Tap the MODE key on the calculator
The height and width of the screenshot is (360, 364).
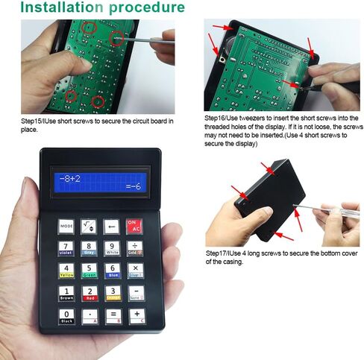coord(67,225)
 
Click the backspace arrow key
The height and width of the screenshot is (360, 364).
coord(112,224)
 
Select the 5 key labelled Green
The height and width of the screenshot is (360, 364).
coord(90,269)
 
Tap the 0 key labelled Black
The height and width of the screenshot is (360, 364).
coord(67,315)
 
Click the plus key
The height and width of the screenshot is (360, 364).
coord(135,315)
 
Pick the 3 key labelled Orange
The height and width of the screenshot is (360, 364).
coord(113,292)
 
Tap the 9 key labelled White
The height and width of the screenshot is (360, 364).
coord(113,247)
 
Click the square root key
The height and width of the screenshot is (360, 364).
coord(90,224)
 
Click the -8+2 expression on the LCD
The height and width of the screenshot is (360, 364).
coord(71,177)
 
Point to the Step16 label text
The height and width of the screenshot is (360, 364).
coord(218,118)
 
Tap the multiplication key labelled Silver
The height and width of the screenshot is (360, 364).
coord(135,269)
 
